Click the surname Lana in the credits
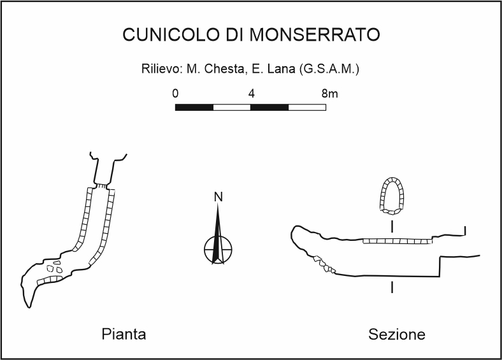[x=274, y=69]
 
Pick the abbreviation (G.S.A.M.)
[x=328, y=69]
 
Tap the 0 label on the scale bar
[x=176, y=94]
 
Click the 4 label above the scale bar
[x=252, y=94]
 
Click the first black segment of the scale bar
[x=194, y=107]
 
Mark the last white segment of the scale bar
[x=307, y=107]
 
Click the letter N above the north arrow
[x=218, y=197]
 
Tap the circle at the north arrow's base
[x=219, y=249]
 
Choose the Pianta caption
[x=124, y=334]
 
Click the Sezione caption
[x=397, y=334]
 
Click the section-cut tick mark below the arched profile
[x=392, y=226]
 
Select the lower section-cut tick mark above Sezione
[x=392, y=288]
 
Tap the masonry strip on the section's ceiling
[x=397, y=241]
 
